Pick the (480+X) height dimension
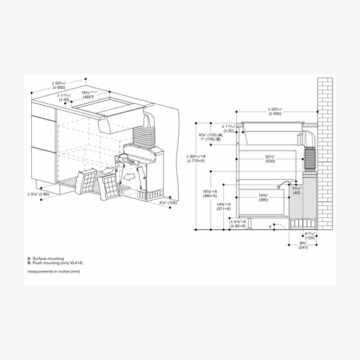coord(209,196)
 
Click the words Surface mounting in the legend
coord(50,258)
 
